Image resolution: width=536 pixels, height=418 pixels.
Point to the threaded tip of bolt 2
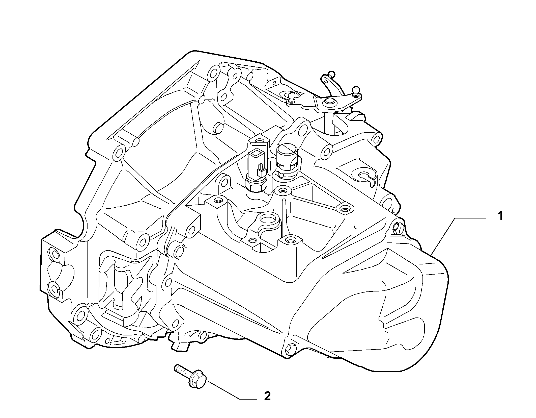point(177,368)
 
